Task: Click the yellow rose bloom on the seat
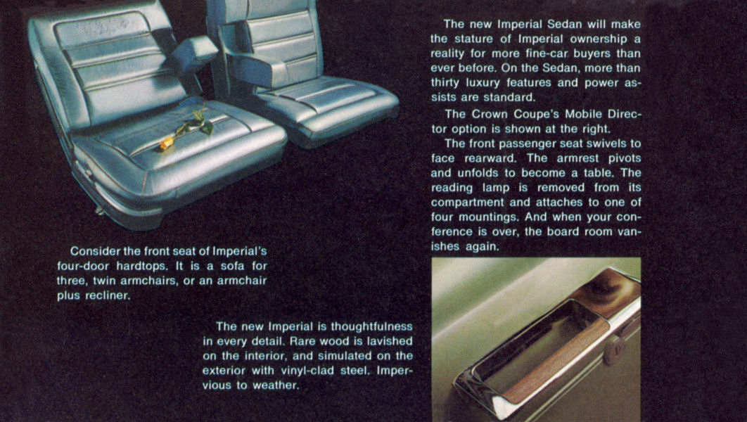166,143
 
